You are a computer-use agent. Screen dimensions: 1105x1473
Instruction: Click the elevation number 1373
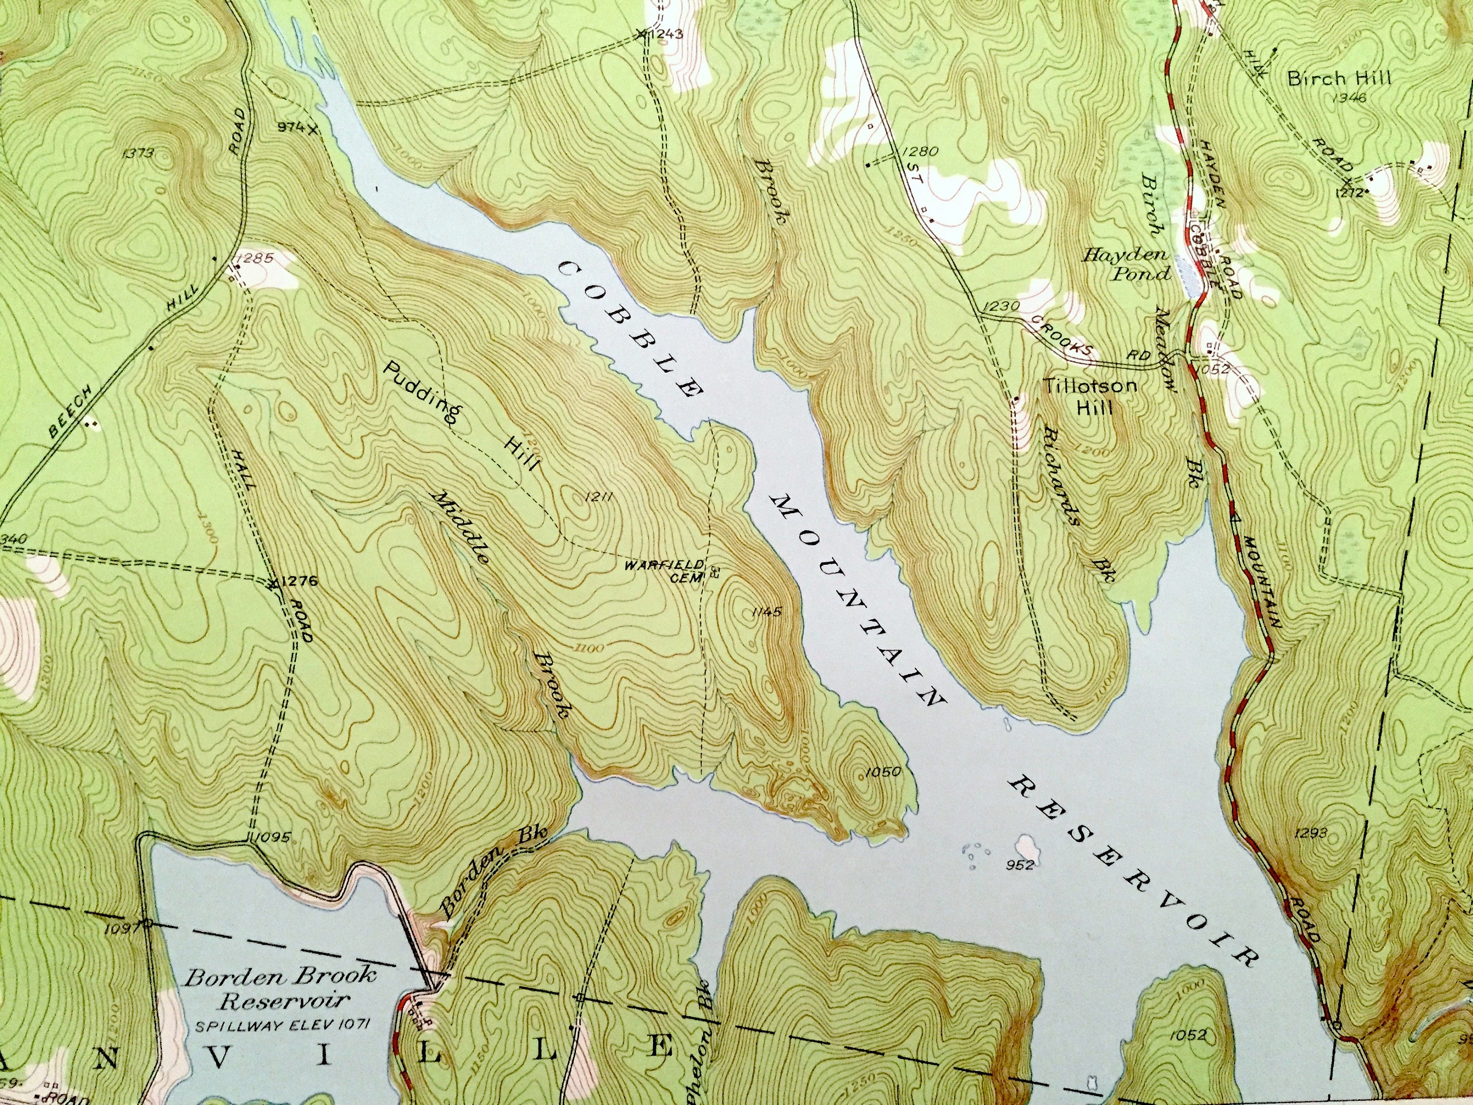pos(138,153)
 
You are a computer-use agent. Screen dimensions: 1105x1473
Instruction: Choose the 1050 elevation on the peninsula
pos(883,772)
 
